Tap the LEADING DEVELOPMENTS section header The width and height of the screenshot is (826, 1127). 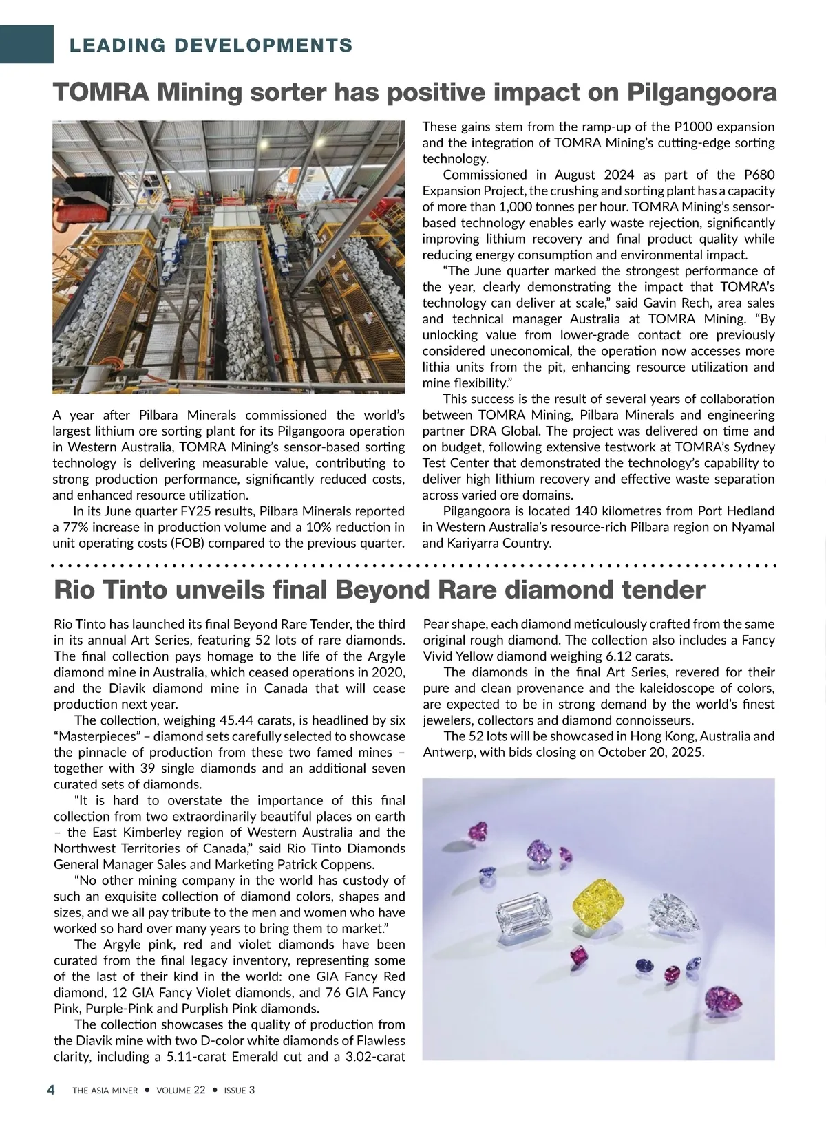211,46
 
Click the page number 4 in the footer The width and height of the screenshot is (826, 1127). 51,1089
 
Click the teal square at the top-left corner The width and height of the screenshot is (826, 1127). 27,44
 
